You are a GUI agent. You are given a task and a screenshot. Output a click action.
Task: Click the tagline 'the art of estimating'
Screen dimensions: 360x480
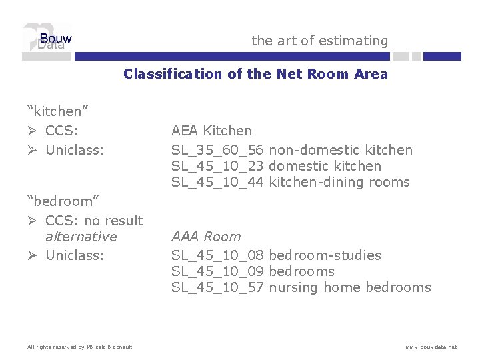click(319, 41)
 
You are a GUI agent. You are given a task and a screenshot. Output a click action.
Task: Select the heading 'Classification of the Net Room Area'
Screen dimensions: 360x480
click(255, 74)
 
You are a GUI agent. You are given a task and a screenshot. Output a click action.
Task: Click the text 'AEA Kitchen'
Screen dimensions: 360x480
click(211, 131)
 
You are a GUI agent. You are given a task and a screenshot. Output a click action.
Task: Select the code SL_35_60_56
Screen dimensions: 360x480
click(217, 150)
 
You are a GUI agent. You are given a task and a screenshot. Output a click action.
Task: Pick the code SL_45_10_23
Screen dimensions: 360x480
click(217, 166)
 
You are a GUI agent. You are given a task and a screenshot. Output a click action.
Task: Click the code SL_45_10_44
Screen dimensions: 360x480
click(217, 182)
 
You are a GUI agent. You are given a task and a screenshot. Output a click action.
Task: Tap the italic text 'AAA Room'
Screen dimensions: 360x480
click(206, 237)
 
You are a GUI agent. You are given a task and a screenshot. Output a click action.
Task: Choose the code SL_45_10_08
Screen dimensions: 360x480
click(217, 255)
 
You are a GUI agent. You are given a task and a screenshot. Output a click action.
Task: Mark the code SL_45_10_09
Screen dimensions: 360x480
click(217, 271)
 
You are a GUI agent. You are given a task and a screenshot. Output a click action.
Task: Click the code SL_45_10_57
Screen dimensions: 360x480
click(217, 287)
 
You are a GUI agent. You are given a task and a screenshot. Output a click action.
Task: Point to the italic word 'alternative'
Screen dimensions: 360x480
click(81, 237)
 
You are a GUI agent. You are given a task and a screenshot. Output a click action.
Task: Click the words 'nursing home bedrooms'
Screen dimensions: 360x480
click(349, 287)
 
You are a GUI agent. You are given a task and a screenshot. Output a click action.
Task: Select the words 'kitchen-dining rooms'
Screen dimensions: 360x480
click(339, 182)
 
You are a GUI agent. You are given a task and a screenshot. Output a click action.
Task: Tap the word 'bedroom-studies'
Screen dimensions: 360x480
click(325, 255)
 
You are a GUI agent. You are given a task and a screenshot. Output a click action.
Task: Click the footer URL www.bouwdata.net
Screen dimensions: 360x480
click(431, 347)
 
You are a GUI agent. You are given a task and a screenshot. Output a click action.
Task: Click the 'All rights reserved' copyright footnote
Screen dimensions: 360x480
click(79, 347)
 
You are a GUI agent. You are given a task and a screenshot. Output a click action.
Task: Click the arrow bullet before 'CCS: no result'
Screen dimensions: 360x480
click(33, 221)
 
